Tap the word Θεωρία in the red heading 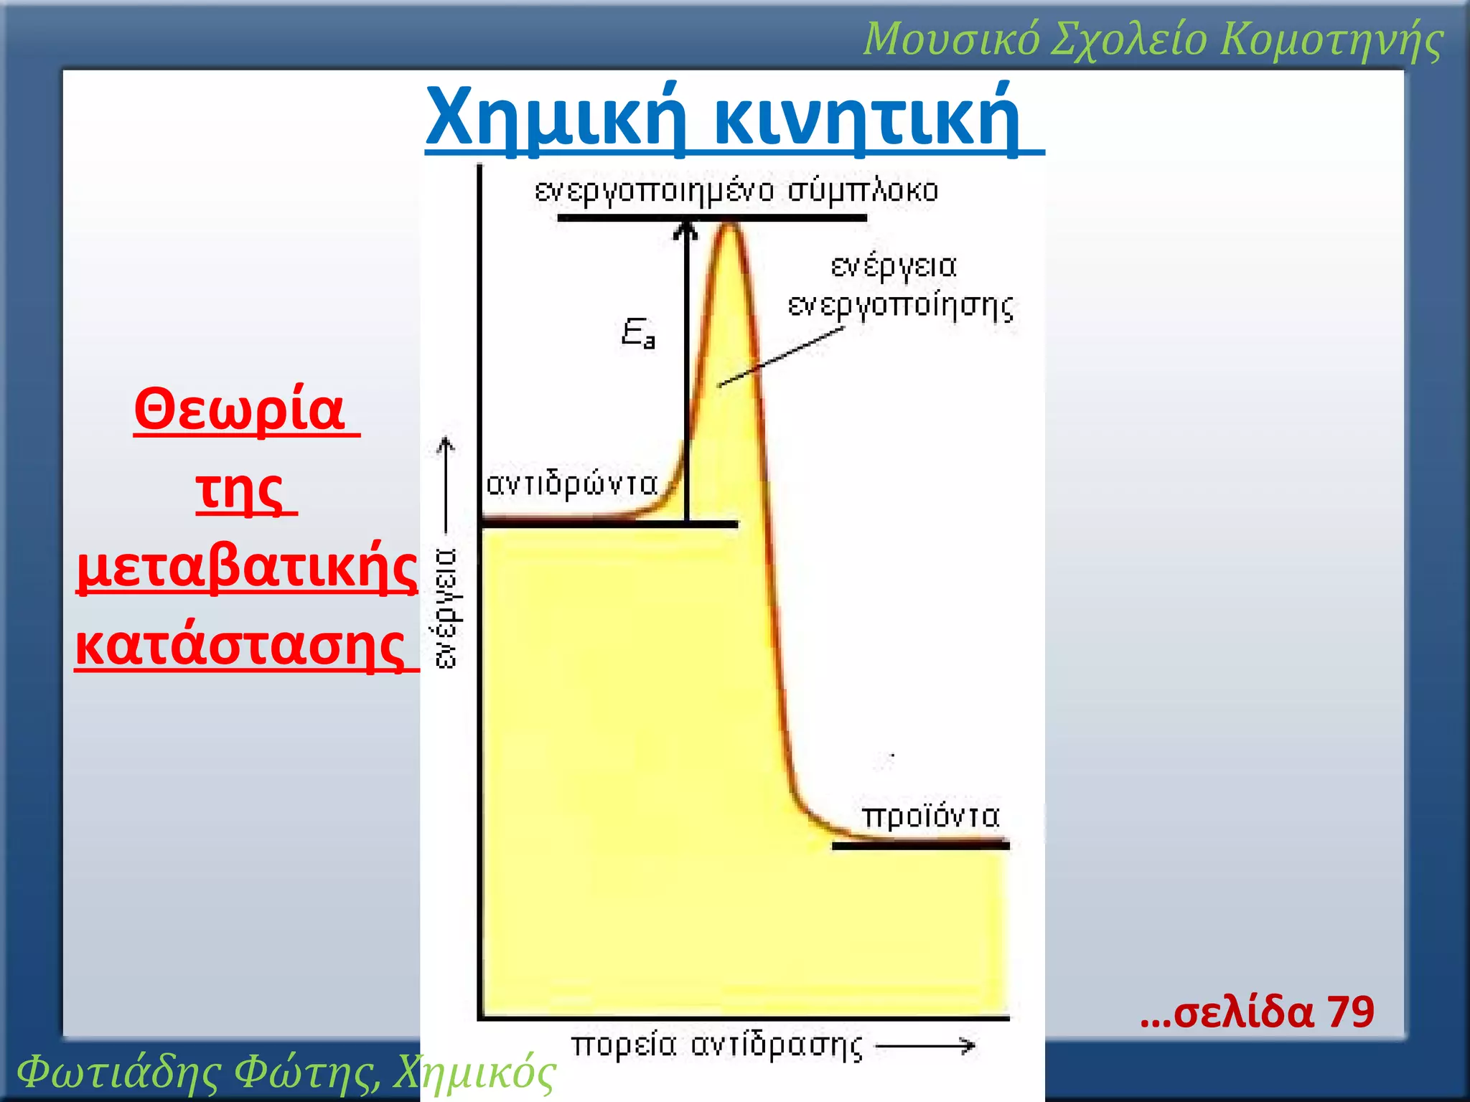point(240,410)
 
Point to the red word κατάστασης point(241,646)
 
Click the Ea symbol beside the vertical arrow point(638,334)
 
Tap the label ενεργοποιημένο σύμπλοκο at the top point(736,192)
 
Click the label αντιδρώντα point(572,484)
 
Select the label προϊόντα point(931,816)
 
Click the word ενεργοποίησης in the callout point(901,306)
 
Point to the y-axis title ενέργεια point(446,608)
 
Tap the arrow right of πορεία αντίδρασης point(927,1046)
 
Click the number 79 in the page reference point(1350,1012)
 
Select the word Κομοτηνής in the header point(1331,39)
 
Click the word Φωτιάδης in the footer point(119,1073)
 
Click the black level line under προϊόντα point(920,846)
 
